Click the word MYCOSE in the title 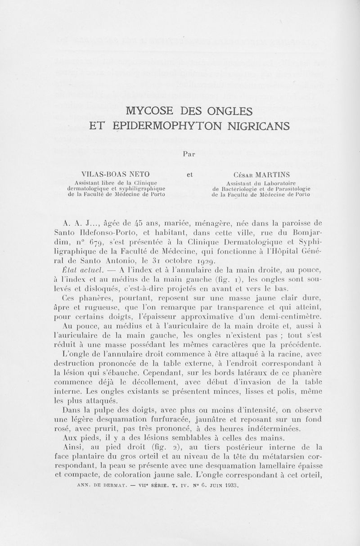149,110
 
